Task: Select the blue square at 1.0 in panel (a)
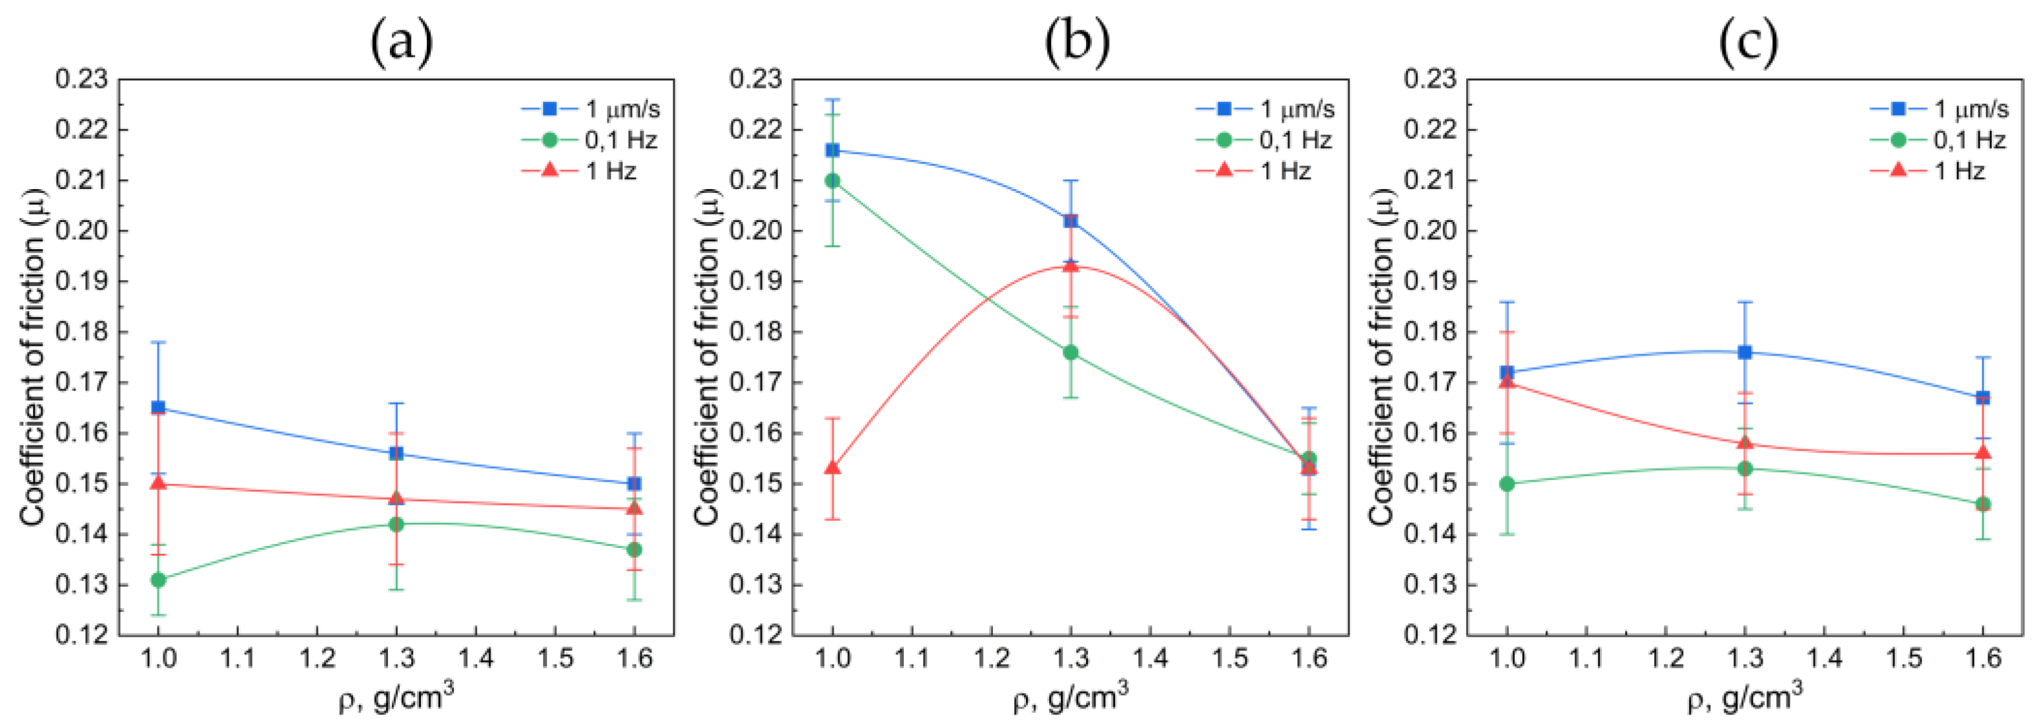pyautogui.click(x=158, y=408)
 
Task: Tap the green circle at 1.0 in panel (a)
pyautogui.click(x=158, y=580)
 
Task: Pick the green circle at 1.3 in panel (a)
pyautogui.click(x=396, y=524)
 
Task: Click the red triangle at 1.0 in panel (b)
pyautogui.click(x=833, y=468)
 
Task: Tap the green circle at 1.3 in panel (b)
pyautogui.click(x=1070, y=352)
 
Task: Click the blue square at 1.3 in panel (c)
pyautogui.click(x=1745, y=352)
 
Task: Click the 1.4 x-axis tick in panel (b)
pyautogui.click(x=1150, y=658)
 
